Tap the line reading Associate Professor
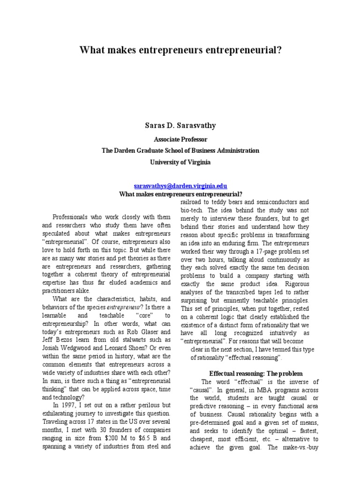(180, 139)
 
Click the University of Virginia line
(180, 162)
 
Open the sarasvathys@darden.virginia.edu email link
(180, 186)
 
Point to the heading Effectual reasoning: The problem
(249, 373)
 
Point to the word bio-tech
(191, 210)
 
